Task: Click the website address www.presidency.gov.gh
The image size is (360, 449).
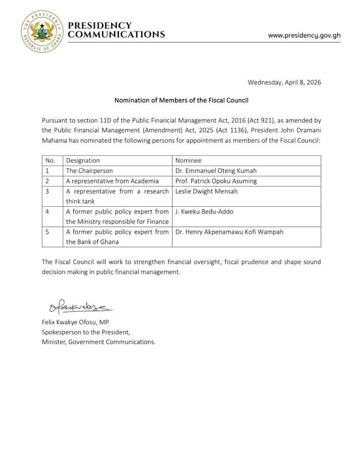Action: [x=304, y=35]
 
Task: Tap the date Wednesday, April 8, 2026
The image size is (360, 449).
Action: [x=284, y=82]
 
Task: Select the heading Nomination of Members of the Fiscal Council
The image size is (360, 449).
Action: [x=181, y=100]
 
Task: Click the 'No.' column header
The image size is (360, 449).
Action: [x=50, y=161]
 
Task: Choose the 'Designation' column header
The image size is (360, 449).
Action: [x=83, y=161]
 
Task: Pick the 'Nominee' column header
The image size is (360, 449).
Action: [x=188, y=161]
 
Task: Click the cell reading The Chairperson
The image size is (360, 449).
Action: [x=89, y=171]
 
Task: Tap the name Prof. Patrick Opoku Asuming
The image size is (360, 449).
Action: [x=215, y=181]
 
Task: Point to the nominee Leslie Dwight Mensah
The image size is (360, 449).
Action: [x=206, y=191]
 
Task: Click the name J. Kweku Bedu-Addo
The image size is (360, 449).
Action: [x=204, y=212]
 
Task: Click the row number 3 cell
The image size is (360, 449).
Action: [x=47, y=191]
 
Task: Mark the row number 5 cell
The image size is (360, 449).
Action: [x=47, y=232]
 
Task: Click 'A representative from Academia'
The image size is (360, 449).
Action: [x=112, y=181]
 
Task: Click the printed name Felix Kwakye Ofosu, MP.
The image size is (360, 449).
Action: [x=76, y=322]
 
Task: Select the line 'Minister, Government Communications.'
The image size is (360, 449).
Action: [x=98, y=342]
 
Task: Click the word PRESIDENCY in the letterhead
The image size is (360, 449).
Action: [x=100, y=25]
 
